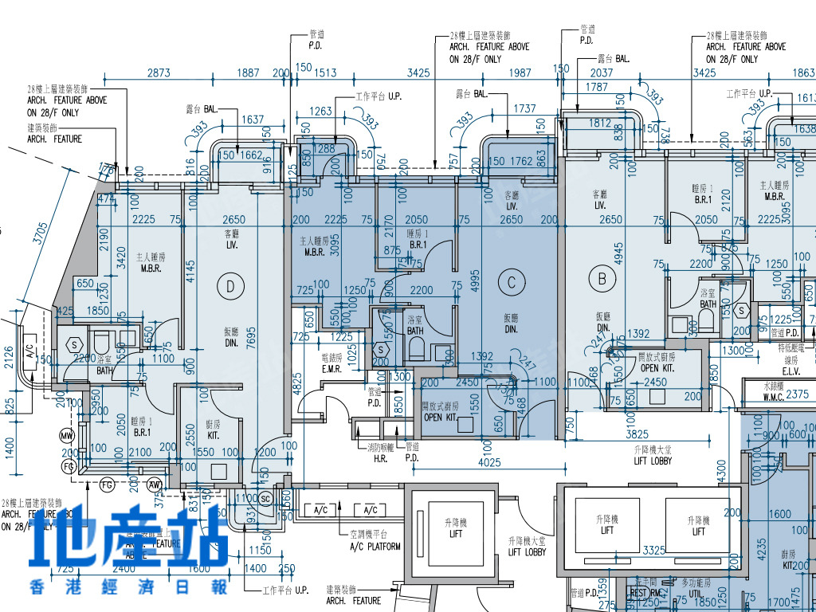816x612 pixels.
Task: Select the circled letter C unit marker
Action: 512,281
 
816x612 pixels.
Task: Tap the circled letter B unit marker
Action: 602,278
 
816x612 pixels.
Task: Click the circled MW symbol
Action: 66,436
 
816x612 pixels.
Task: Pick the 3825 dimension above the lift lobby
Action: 637,434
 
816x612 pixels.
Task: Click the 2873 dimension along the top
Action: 159,73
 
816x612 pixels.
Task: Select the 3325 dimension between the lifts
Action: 654,551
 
